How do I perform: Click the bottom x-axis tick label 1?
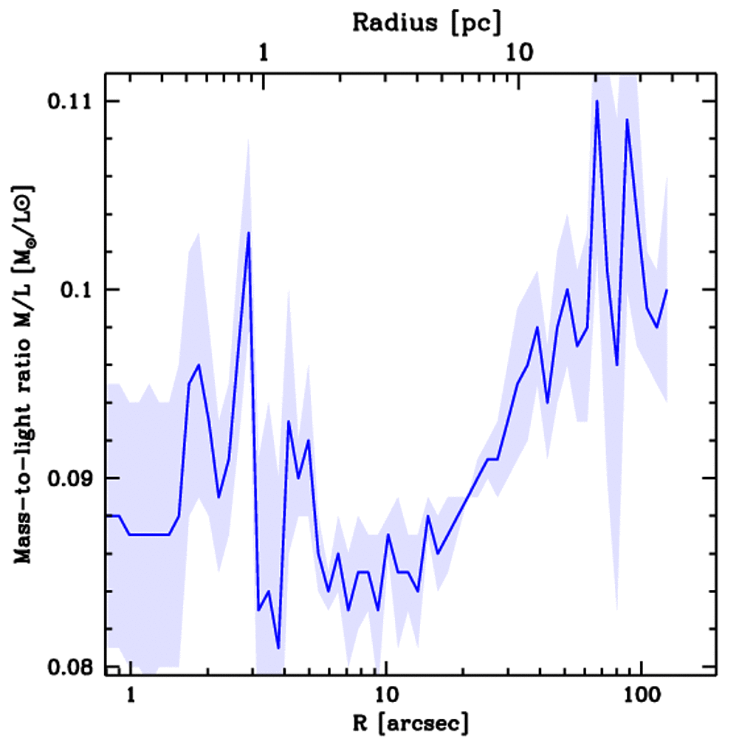(131, 695)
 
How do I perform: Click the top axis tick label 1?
(264, 53)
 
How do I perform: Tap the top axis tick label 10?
(519, 53)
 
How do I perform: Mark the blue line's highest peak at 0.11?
(597, 101)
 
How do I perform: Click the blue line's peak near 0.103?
(250, 233)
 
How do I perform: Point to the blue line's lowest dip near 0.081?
(278, 648)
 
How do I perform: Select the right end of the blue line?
(667, 290)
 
